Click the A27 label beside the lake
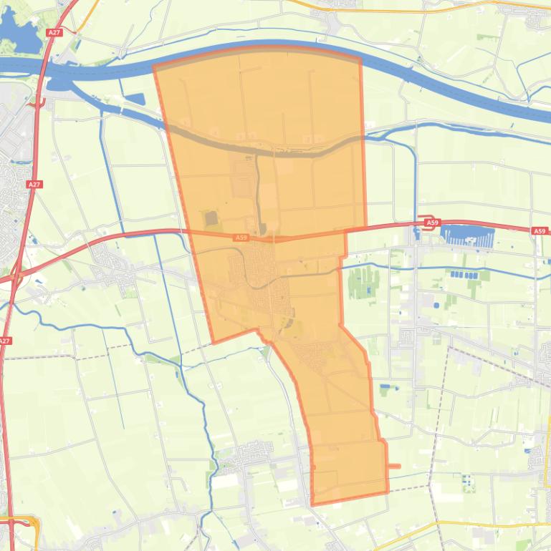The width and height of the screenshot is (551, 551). point(54,33)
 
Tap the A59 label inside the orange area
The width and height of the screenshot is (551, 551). point(241,238)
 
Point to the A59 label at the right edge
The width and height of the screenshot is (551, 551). point(539,231)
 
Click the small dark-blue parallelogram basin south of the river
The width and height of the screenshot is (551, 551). point(134,100)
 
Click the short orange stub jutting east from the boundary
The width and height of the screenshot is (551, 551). point(393,467)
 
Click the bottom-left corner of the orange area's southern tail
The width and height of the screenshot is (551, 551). point(312,504)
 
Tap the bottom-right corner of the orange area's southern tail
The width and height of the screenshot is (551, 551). point(388,492)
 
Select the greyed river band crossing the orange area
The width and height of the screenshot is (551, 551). point(272,148)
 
